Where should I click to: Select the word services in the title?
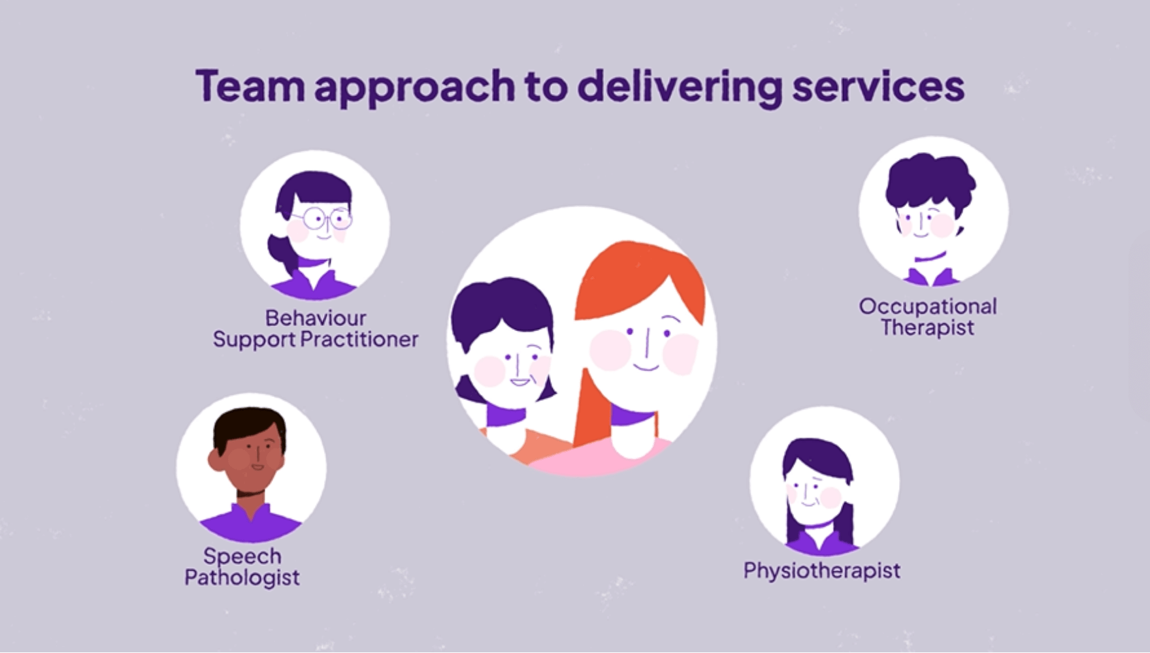[878, 86]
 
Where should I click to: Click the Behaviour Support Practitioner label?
[316, 328]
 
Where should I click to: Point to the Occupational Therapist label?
[928, 317]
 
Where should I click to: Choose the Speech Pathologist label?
[242, 566]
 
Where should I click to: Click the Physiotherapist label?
[822, 571]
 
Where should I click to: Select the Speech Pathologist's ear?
[216, 460]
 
